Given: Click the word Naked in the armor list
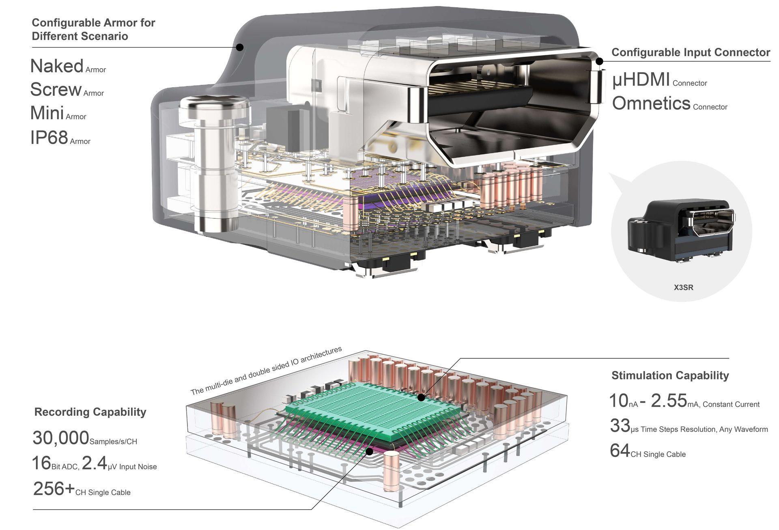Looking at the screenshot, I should [57, 66].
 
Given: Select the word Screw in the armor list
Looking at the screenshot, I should [56, 90].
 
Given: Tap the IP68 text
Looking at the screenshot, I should [49, 138].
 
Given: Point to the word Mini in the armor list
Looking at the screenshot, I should [47, 113].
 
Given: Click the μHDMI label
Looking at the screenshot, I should [641, 80].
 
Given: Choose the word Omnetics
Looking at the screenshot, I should [651, 103].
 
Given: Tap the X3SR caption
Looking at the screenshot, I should [683, 288].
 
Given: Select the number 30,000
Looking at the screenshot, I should [61, 438].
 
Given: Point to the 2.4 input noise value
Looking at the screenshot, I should [94, 463].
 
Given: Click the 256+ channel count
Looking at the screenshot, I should [54, 489].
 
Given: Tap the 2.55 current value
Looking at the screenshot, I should [669, 401].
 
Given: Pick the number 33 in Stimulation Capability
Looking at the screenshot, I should [620, 426].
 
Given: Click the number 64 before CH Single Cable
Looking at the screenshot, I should [620, 451].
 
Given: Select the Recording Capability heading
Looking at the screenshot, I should [90, 412].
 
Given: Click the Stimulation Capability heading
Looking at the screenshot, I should [670, 375].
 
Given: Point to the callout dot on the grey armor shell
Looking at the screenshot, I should [240, 47].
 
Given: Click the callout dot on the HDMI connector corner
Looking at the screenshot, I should [599, 61].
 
